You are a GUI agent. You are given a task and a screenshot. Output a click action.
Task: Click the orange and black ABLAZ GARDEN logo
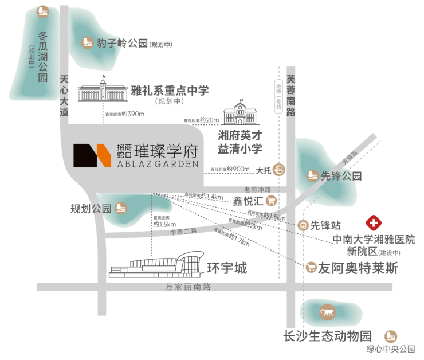coord(91,155)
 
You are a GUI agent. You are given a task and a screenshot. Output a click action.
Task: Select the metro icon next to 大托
coord(280,170)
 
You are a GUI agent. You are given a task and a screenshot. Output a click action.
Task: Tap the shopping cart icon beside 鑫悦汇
coord(272,201)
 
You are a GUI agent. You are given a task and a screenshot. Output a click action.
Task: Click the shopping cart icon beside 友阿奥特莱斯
coord(311,267)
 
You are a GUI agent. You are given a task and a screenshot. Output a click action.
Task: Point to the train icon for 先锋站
coord(303,226)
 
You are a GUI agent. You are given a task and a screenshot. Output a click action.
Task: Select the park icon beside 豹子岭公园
coord(87,42)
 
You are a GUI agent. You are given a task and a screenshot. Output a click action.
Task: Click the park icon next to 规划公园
coord(120,208)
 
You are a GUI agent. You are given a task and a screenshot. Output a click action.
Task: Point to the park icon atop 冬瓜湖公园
coord(42,11)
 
